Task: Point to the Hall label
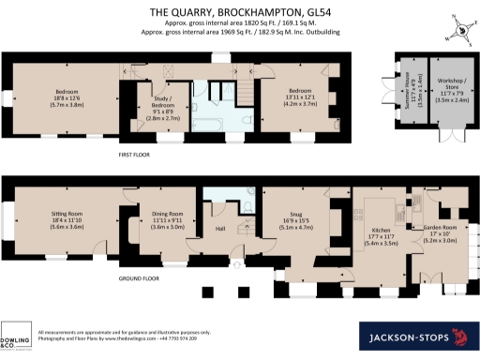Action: click(x=220, y=228)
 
